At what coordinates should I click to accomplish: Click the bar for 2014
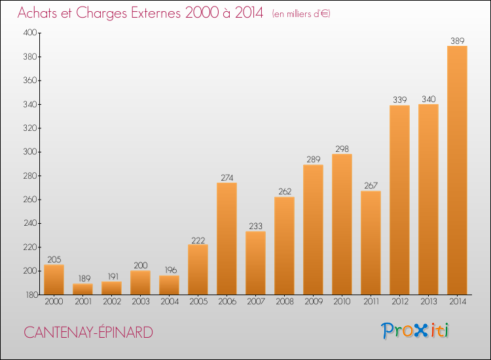pos(457,170)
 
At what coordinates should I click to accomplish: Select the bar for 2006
pos(227,238)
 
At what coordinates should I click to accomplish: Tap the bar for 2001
pos(82,289)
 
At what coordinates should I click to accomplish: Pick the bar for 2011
pos(371,243)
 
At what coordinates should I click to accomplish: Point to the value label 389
pos(457,41)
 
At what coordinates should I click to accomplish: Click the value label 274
pos(227,177)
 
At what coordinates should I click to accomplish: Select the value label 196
pos(171,270)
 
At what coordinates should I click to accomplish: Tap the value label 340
pos(428,99)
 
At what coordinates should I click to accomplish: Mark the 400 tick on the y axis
pos(30,33)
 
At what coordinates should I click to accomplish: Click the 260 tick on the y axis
pos(30,200)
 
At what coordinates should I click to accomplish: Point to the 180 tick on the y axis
pos(31,295)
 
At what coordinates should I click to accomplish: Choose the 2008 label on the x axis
pos(285,301)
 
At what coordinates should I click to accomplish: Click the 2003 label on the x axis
pos(141,301)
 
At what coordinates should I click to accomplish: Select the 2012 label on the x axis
pos(400,301)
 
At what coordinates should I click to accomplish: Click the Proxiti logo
pos(415,331)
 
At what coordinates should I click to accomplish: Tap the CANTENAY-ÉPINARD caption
pos(88,332)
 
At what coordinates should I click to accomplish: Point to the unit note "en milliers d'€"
pos(301,14)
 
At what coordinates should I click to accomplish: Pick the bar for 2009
pos(313,230)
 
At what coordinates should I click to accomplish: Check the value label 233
pos(255,226)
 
